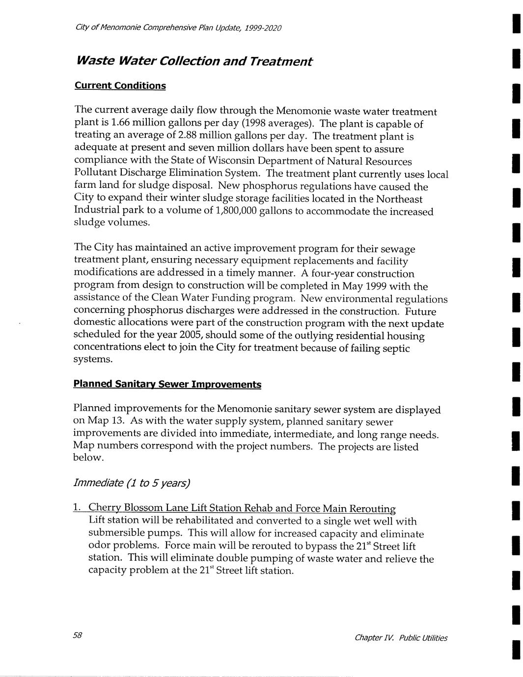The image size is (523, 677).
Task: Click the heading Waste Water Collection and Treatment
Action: click(x=193, y=61)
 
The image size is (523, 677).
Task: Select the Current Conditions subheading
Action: click(x=120, y=86)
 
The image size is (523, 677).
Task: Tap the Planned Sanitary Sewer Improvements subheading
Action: click(x=167, y=384)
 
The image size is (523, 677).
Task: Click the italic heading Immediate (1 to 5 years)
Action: click(x=131, y=483)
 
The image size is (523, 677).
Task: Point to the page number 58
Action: click(x=77, y=635)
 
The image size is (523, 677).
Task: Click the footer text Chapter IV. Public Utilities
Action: click(x=401, y=638)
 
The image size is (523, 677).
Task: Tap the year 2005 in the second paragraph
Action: click(x=199, y=335)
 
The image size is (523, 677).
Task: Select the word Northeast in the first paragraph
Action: click(x=399, y=199)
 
